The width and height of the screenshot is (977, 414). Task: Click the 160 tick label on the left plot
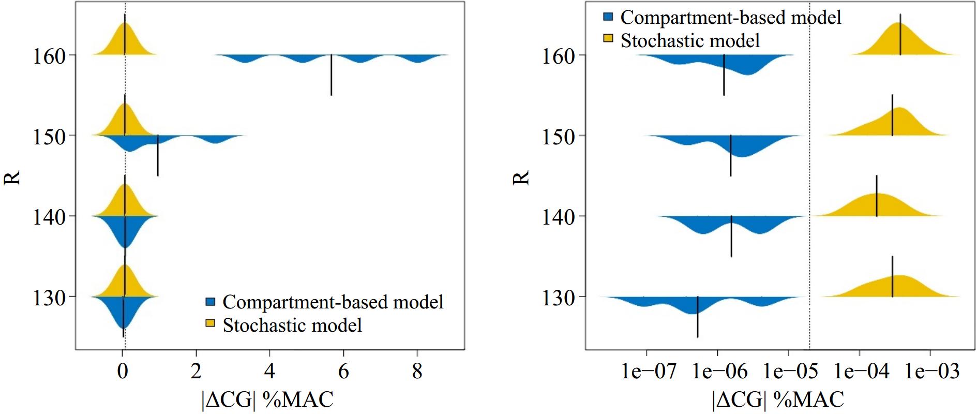tap(49, 56)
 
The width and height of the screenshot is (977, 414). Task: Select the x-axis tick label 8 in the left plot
tap(417, 372)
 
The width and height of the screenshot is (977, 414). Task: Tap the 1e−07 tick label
tap(647, 372)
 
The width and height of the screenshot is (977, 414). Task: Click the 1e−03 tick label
tap(930, 372)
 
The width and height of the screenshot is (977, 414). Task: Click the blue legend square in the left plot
tap(211, 301)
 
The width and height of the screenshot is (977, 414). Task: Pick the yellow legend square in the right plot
tap(608, 39)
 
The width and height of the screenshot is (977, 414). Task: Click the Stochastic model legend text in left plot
tap(292, 325)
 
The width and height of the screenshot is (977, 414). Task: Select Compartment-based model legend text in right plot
tap(730, 18)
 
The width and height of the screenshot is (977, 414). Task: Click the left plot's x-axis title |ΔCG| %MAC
tap(267, 400)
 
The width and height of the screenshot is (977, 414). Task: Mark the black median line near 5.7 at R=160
tap(331, 75)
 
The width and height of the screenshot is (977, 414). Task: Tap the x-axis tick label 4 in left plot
tap(269, 372)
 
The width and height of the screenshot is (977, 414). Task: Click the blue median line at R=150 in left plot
tap(158, 155)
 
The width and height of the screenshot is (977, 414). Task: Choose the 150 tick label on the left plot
tap(49, 137)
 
